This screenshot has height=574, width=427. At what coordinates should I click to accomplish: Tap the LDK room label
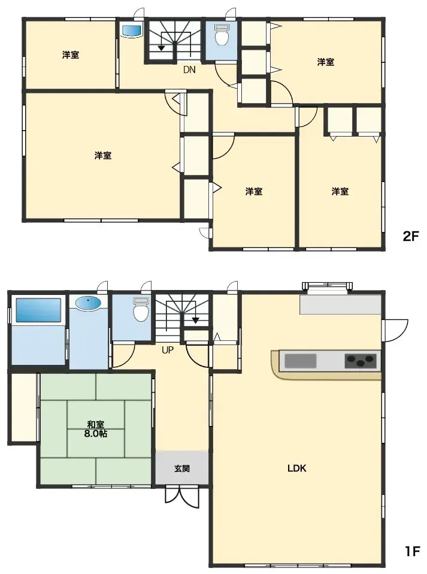pyautogui.click(x=296, y=469)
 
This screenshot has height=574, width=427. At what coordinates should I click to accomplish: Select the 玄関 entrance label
pyautogui.click(x=182, y=469)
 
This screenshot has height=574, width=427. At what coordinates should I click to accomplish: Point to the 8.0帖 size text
pyautogui.click(x=96, y=434)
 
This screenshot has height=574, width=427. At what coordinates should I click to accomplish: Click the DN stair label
pyautogui.click(x=189, y=70)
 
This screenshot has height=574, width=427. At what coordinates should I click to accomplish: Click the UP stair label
pyautogui.click(x=167, y=351)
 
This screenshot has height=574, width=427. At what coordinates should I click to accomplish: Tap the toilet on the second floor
pyautogui.click(x=222, y=37)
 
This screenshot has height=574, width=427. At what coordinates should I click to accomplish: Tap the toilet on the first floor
pyautogui.click(x=141, y=311)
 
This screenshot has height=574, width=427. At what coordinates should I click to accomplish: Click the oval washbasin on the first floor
pyautogui.click(x=89, y=304)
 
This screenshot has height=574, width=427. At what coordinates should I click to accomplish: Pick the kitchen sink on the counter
pyautogui.click(x=300, y=361)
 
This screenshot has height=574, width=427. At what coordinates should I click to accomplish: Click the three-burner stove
pyautogui.click(x=361, y=361)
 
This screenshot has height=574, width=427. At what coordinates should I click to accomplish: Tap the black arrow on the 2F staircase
pyautogui.click(x=162, y=47)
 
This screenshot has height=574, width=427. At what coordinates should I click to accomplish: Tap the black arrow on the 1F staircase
pyautogui.click(x=195, y=321)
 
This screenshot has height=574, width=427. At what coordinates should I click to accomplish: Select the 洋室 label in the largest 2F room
pyautogui.click(x=102, y=156)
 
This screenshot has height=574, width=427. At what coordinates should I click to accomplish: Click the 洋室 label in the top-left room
pyautogui.click(x=70, y=55)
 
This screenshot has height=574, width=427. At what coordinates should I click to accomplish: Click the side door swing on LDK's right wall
pyautogui.click(x=395, y=331)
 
